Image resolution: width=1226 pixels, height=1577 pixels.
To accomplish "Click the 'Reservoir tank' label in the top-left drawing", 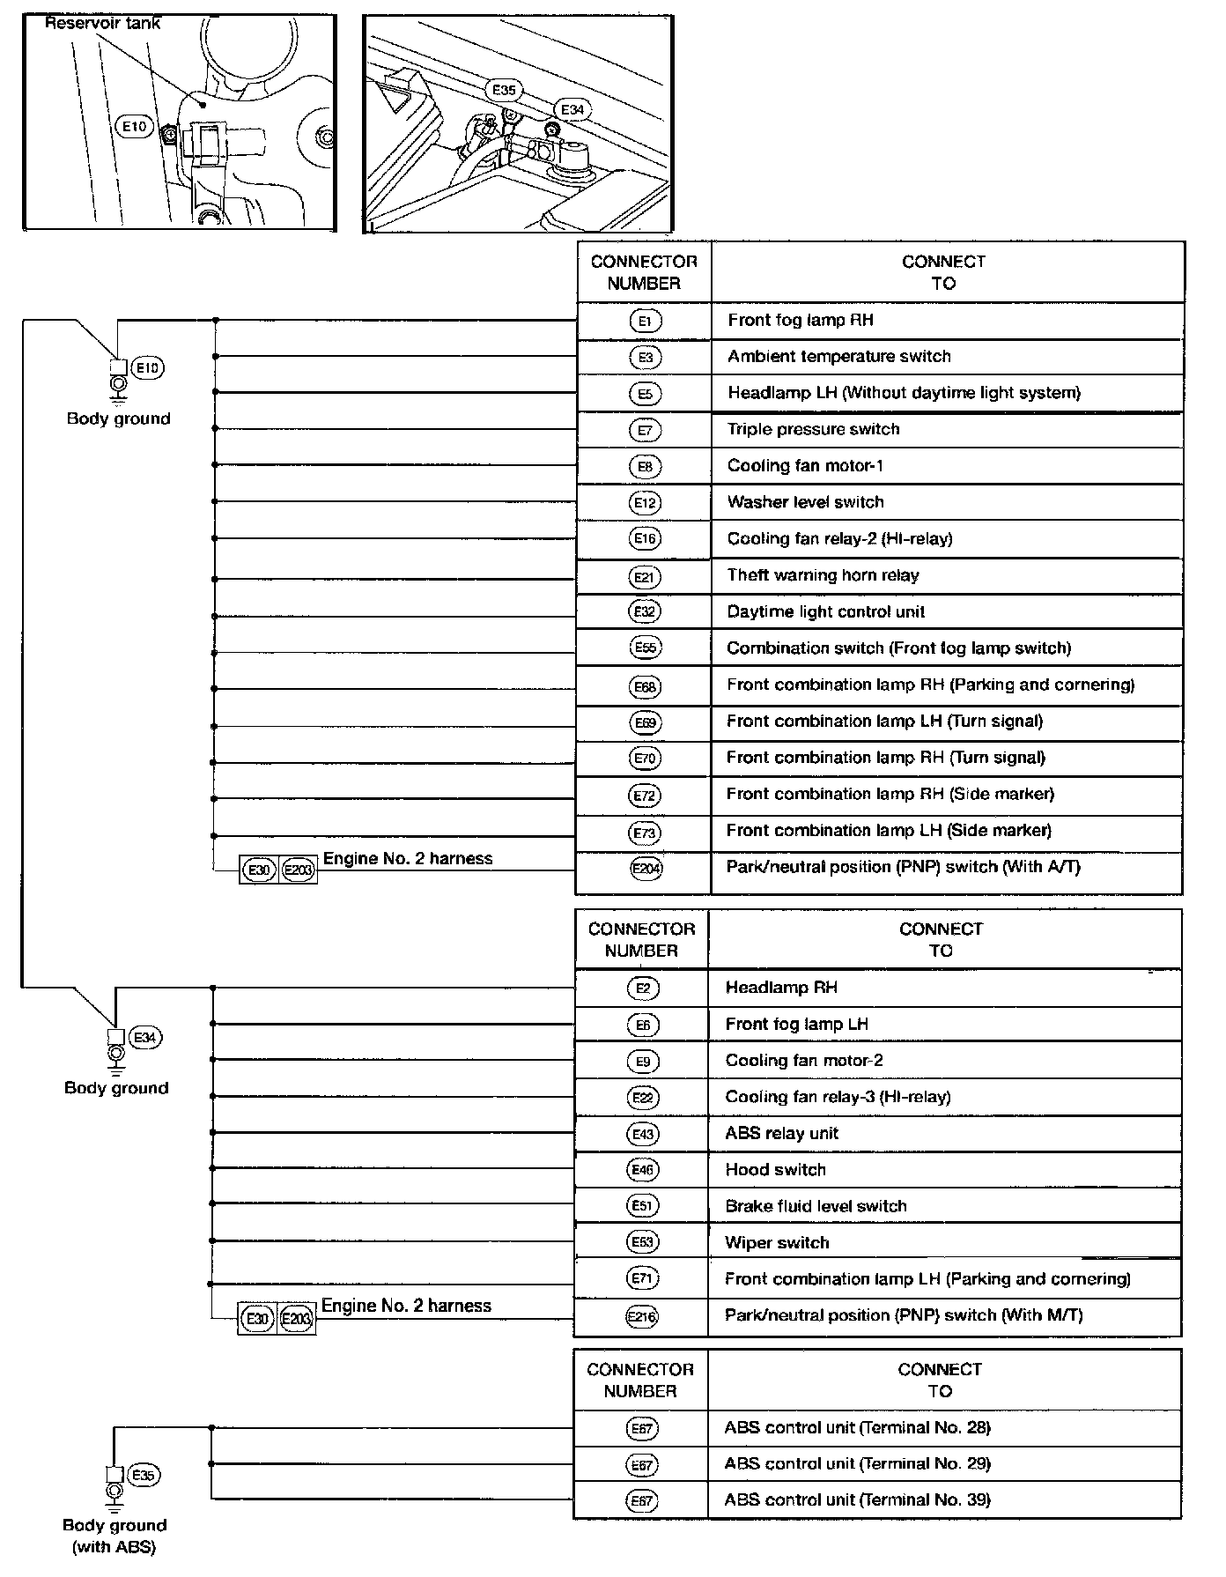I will (x=103, y=24).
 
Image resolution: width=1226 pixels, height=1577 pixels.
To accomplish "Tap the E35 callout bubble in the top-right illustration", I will (x=504, y=90).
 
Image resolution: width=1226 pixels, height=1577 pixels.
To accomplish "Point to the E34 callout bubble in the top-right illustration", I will (x=572, y=110).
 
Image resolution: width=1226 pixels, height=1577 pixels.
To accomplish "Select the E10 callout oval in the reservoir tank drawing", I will (x=134, y=127).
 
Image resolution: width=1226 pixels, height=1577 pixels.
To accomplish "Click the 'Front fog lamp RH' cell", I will (x=800, y=321).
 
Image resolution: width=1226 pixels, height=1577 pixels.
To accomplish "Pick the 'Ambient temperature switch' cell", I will (x=838, y=357).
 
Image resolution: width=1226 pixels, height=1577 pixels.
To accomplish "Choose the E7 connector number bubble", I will (x=646, y=430).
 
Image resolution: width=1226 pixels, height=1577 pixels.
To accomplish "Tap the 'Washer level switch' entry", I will (x=805, y=502).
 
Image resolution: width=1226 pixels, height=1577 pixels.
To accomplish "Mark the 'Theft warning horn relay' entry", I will (x=823, y=575).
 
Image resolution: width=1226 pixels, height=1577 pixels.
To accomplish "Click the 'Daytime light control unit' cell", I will (x=825, y=611).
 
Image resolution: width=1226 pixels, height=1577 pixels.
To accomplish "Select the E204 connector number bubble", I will (x=646, y=868).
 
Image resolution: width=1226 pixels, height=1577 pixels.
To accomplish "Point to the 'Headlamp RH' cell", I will (x=780, y=988).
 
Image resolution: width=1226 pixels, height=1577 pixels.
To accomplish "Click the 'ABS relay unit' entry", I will (x=781, y=1134).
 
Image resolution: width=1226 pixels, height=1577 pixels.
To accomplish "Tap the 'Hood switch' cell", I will (x=775, y=1170).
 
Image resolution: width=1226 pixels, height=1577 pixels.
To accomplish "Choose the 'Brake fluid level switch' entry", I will (x=816, y=1206).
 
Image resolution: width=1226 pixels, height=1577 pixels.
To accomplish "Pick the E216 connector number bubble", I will (x=642, y=1316).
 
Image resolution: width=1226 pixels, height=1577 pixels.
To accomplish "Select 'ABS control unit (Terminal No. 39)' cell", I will (x=857, y=1500).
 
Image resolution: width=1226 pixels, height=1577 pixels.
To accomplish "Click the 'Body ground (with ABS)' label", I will (x=114, y=1536).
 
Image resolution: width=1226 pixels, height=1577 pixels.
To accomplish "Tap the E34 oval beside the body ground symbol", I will (x=145, y=1038).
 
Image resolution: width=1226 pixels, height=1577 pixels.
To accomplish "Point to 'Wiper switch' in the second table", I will (x=777, y=1243).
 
